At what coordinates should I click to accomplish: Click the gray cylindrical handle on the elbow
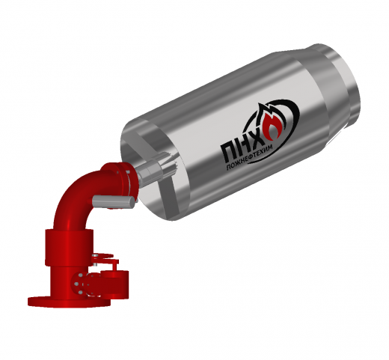(x=114, y=201)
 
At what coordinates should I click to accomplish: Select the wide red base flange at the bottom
(x=70, y=301)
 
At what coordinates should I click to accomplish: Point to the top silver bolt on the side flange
(x=81, y=275)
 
